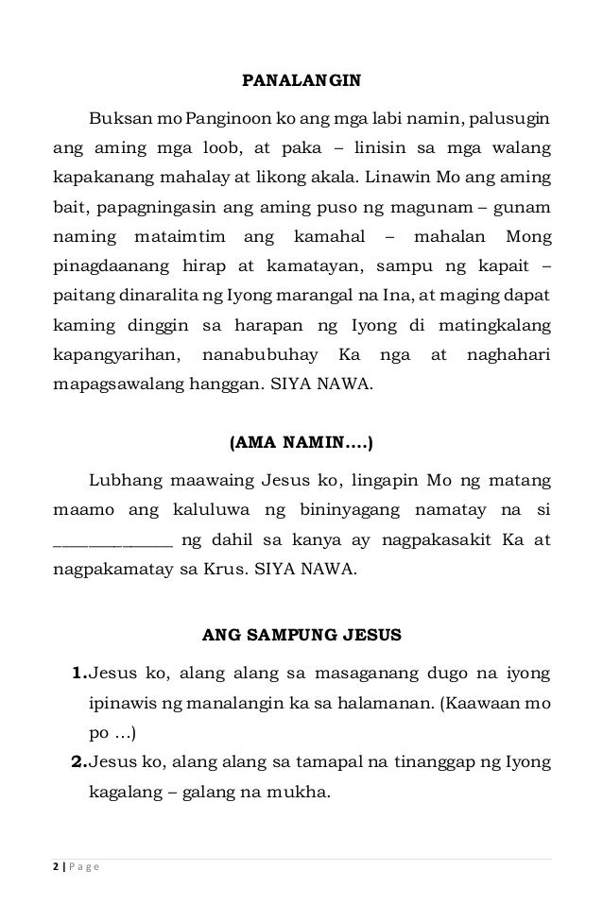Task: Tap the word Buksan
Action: pyautogui.click(x=115, y=120)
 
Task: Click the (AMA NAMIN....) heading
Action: pyautogui.click(x=301, y=441)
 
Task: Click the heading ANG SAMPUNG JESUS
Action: pyautogui.click(x=301, y=635)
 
